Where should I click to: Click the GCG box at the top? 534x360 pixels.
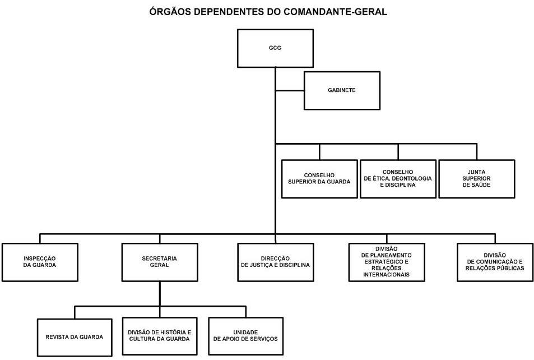pos(275,48)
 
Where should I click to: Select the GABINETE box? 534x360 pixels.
pos(342,90)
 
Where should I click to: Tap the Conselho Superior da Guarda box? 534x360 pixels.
pos(319,179)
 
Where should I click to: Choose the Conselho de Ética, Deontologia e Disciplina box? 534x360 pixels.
pos(398,179)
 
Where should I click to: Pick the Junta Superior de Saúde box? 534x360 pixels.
pos(477,179)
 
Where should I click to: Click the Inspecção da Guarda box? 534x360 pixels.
pos(40,262)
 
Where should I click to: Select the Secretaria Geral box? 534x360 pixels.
pos(160,262)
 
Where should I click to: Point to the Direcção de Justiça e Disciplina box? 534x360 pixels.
pos(276,262)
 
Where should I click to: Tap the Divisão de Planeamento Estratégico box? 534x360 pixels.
pos(387,262)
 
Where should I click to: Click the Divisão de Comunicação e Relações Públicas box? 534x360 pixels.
pos(495,262)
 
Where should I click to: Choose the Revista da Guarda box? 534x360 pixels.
pos(75,337)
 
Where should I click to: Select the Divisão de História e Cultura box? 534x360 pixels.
pos(160,336)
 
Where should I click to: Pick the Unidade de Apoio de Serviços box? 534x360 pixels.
pos(246,336)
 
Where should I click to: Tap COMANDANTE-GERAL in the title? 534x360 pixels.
pos(336,12)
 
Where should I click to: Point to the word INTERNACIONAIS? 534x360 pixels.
pos(387,275)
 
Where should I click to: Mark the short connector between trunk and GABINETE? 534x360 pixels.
pos(290,91)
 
